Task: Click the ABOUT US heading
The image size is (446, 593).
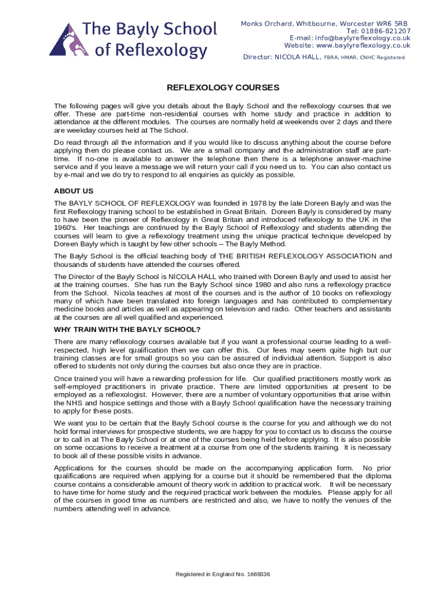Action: click(x=74, y=191)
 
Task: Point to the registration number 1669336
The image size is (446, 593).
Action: click(x=258, y=574)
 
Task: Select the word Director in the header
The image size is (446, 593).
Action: click(x=256, y=57)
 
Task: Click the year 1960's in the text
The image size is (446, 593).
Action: click(x=67, y=228)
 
